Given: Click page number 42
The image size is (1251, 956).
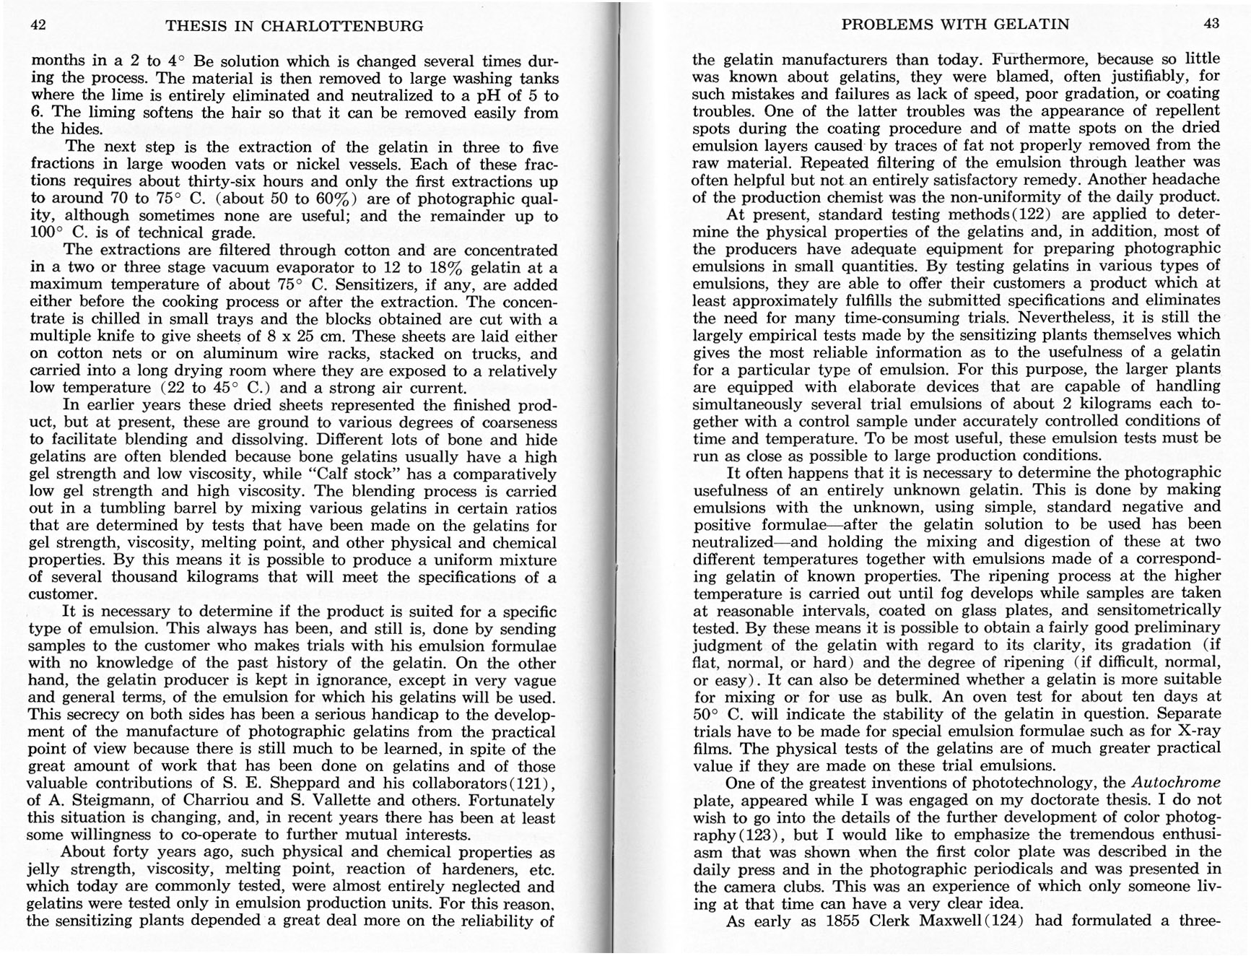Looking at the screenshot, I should click(x=39, y=25).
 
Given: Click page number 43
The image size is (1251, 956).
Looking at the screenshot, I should click(x=1211, y=23).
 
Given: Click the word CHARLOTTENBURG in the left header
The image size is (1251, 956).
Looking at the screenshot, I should click(x=341, y=26).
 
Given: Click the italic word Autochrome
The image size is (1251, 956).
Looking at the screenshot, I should click(x=1176, y=783).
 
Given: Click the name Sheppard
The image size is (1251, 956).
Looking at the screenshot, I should click(x=316, y=783).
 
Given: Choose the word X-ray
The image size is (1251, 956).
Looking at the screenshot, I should click(x=1197, y=731).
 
